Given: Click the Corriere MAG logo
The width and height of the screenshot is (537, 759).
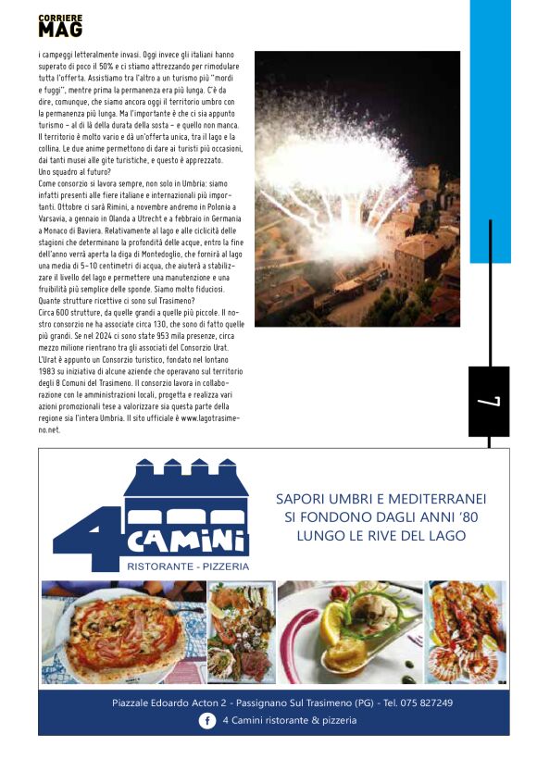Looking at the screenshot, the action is pos(60,26).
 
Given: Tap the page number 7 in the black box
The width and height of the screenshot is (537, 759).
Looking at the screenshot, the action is pos(489,402).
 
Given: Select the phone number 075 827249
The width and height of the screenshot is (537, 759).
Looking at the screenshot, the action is pos(426,703).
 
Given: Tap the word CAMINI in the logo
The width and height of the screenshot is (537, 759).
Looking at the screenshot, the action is pos(187,538).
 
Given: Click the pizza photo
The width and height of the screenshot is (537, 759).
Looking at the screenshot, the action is pos(123,631).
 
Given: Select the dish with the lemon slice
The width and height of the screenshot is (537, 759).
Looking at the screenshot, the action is pos(349,632).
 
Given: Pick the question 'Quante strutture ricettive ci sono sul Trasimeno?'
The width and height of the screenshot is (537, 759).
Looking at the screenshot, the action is pos(116,299).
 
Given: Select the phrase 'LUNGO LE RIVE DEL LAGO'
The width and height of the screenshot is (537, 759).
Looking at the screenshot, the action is pos(381,536).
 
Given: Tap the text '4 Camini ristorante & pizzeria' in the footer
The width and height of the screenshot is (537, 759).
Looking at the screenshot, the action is pos(290,720).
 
